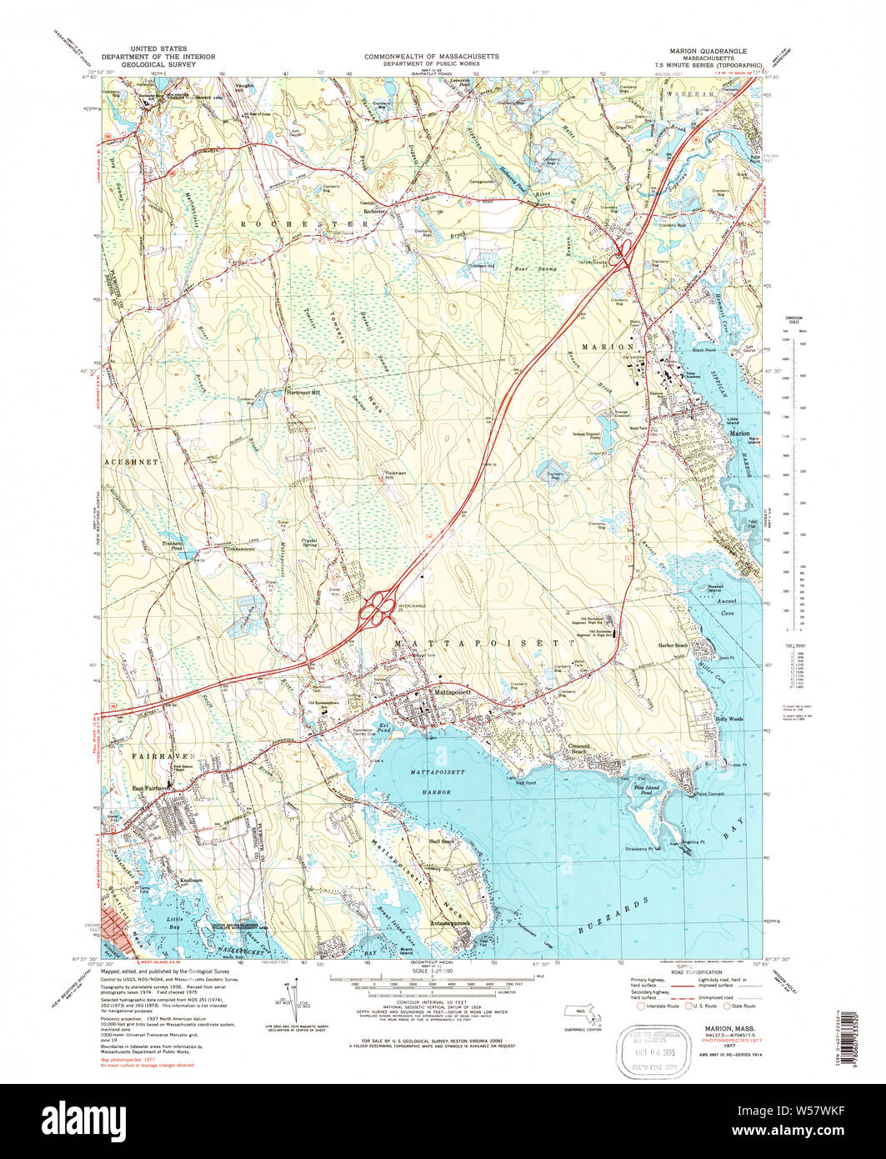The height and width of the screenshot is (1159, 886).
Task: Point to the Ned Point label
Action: (526, 783)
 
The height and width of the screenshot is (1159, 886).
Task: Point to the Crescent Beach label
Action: (579, 748)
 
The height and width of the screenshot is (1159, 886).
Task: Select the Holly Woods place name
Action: (728, 718)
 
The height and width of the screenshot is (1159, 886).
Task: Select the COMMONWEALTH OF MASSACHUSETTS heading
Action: (432, 55)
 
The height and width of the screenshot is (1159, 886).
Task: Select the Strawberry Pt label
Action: (638, 849)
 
